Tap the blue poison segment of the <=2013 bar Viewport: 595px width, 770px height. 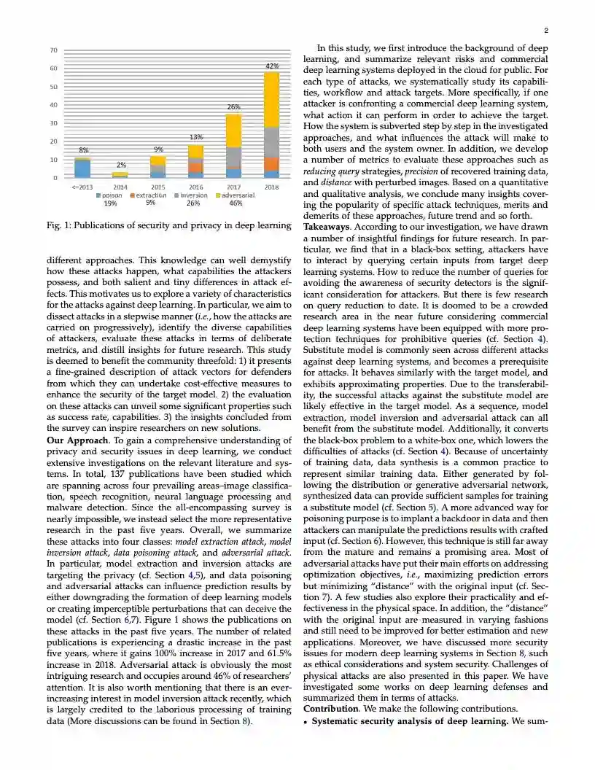tap(82, 168)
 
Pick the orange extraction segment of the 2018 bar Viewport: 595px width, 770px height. tap(271, 164)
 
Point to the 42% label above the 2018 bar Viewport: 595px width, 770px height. tap(271, 66)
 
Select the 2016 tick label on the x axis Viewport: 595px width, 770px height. tap(195, 187)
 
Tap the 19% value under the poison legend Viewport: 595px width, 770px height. tap(111, 203)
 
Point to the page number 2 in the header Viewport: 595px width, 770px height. tap(545, 31)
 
